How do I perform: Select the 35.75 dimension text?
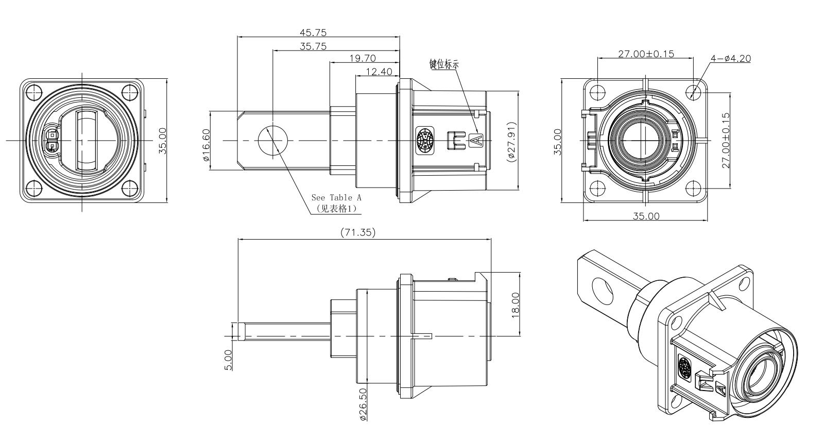(x=313, y=46)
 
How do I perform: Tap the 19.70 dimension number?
(x=363, y=58)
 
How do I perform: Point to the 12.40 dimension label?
(x=379, y=72)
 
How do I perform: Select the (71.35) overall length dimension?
(x=358, y=232)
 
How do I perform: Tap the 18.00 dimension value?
(x=516, y=305)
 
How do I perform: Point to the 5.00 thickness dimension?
(x=229, y=359)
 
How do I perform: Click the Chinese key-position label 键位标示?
(x=444, y=64)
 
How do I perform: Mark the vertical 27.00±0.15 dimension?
(x=726, y=140)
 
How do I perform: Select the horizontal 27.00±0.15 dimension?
(x=646, y=54)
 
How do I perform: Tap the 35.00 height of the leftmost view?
(x=162, y=141)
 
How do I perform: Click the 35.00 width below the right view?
(x=646, y=216)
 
